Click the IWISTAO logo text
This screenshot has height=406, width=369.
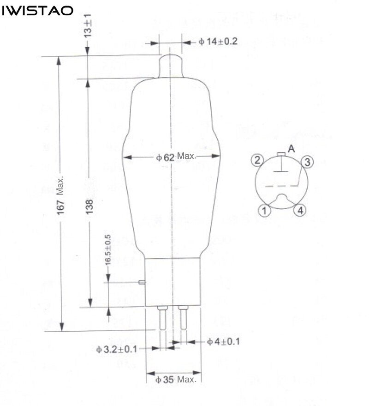pyautogui.click(x=37, y=10)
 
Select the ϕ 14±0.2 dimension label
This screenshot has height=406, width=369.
pyautogui.click(x=218, y=42)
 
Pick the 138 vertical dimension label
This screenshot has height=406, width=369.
pyautogui.click(x=89, y=206)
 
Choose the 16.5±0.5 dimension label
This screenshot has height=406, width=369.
pyautogui.click(x=108, y=249)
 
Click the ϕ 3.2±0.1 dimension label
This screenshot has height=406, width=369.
pyautogui.click(x=117, y=349)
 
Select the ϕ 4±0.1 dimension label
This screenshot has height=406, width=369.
pyautogui.click(x=223, y=342)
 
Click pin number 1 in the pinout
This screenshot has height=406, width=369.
pyautogui.click(x=264, y=211)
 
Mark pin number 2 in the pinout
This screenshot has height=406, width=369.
pyautogui.click(x=257, y=160)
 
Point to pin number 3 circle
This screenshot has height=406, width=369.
pyautogui.click(x=308, y=162)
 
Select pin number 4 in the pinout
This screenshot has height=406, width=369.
pyautogui.click(x=300, y=211)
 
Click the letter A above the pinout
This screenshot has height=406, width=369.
pyautogui.click(x=291, y=148)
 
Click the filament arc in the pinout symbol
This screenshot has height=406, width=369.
pyautogui.click(x=282, y=199)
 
